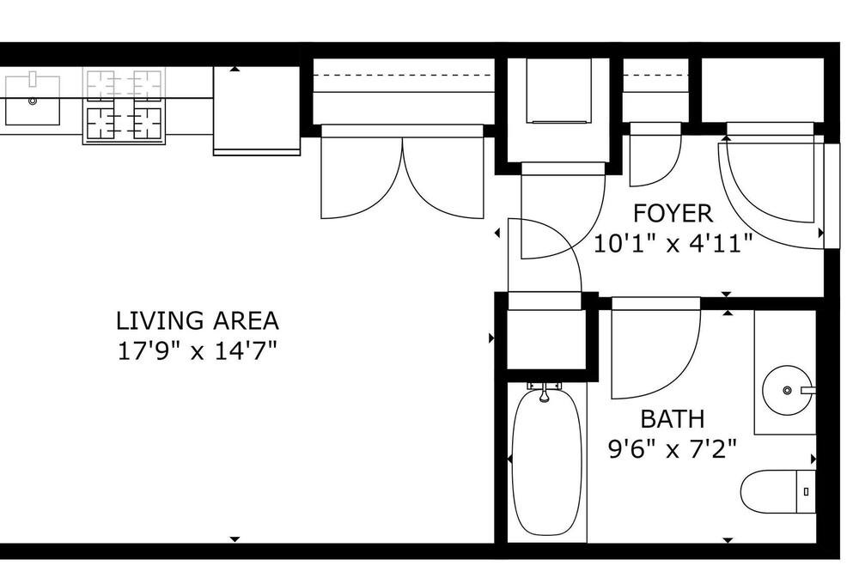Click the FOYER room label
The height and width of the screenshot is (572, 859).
pos(673,213)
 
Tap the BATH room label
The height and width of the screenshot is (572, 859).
pos(673,419)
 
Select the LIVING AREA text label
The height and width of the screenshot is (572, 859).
pos(198,320)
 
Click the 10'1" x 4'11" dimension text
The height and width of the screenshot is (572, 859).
pos(673,243)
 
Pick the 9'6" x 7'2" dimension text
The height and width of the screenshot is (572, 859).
pos(673,450)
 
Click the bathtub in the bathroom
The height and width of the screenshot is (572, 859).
pos(546,461)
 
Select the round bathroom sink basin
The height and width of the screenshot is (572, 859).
pos(787,391)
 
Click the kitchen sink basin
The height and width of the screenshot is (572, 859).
pos(33,100)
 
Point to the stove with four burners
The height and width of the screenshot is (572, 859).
pos(124,106)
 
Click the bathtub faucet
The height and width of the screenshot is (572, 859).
pos(545,391)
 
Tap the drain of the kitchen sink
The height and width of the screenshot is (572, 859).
pos(33,100)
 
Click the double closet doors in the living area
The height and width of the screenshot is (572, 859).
pos(402,172)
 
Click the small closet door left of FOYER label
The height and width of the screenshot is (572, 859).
pos(655,155)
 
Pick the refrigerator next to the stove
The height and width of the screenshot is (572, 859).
pos(256,110)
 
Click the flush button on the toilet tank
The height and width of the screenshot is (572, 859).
pos(806,492)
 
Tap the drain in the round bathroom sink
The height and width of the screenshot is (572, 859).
pos(787,391)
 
